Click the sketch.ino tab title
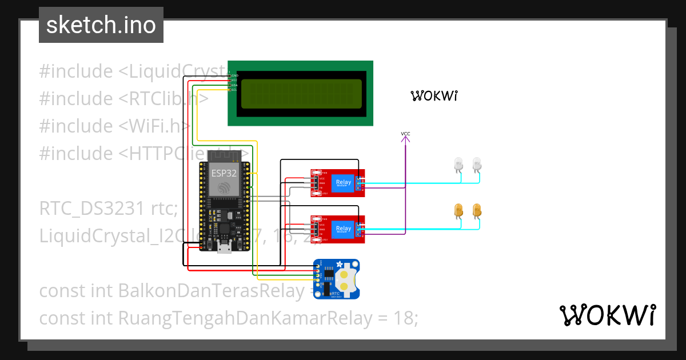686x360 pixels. [101, 26]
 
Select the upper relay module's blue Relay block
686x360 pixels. [344, 183]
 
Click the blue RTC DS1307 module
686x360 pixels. [336, 278]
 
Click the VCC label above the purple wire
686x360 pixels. [405, 134]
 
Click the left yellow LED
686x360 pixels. [458, 211]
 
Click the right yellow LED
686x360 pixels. [477, 211]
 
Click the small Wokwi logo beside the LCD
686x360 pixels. [434, 96]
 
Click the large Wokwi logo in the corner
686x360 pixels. [607, 315]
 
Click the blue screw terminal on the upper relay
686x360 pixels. [358, 183]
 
